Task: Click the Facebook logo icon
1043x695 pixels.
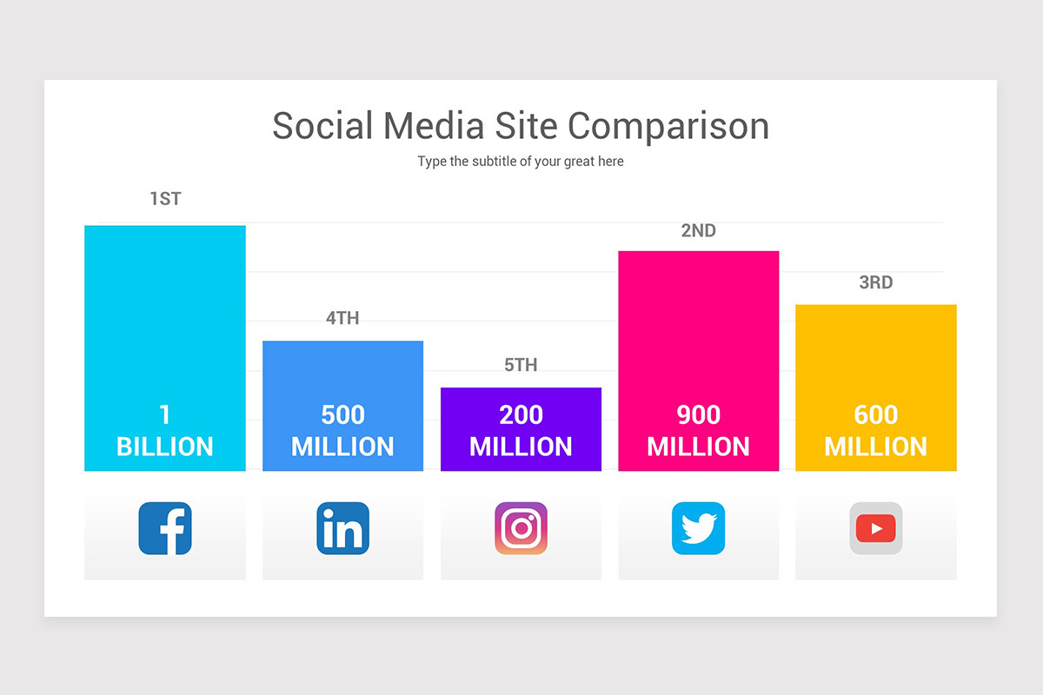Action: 165,528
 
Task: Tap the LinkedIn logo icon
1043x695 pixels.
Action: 342,528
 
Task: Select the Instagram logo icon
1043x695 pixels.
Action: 521,528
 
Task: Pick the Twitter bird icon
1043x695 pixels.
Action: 698,528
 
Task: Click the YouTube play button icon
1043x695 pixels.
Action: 876,528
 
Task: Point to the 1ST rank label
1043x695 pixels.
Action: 165,199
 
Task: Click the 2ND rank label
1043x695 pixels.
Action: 698,231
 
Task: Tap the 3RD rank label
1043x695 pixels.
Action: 876,283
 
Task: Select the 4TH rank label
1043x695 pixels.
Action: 342,319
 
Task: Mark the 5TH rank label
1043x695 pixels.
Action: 521,366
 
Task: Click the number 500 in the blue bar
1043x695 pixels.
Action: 342,415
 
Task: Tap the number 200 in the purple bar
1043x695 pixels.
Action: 521,415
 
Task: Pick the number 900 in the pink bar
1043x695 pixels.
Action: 698,415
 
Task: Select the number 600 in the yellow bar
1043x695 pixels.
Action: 876,415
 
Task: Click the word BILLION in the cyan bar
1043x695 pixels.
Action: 165,447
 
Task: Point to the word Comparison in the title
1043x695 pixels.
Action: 657,127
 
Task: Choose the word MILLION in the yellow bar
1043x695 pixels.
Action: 876,447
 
